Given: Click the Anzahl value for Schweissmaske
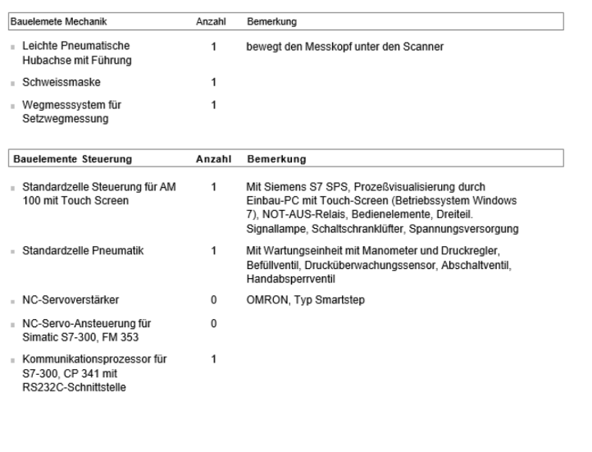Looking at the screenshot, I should [x=213, y=83].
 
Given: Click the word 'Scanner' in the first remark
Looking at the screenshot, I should [x=426, y=48].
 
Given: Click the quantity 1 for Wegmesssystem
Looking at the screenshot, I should [x=213, y=106].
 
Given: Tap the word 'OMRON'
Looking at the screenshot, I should [x=266, y=300].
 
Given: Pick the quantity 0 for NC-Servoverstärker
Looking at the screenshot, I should [x=213, y=300].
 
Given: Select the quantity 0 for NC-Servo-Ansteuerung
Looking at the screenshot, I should [x=213, y=323].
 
